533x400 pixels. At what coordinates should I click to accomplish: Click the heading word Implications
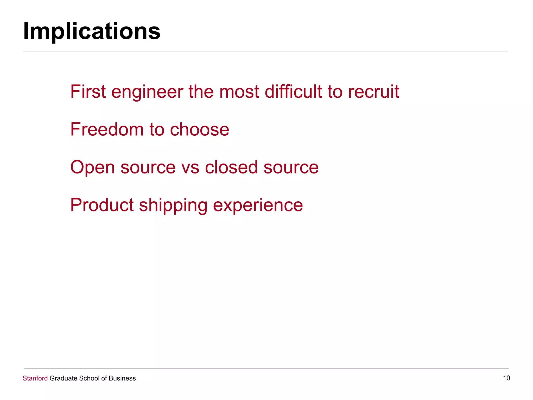pyautogui.click(x=92, y=31)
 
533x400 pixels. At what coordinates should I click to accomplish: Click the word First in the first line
pyautogui.click(x=88, y=92)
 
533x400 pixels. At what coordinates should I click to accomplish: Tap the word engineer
pyautogui.click(x=147, y=92)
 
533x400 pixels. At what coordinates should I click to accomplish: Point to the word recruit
pyautogui.click(x=373, y=92)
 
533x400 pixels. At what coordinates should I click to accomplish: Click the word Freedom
pyautogui.click(x=107, y=129)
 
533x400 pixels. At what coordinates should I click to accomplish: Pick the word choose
pyautogui.click(x=199, y=129)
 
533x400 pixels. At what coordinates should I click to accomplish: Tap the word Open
pyautogui.click(x=92, y=167)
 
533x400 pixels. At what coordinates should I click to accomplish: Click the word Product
pyautogui.click(x=102, y=205)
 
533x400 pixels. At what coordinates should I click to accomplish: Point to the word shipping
pyautogui.click(x=173, y=205)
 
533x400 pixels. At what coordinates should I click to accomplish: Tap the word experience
pyautogui.click(x=258, y=205)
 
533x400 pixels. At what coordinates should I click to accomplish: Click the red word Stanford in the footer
pyautogui.click(x=35, y=378)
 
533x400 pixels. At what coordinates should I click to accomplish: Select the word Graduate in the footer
pyautogui.click(x=63, y=378)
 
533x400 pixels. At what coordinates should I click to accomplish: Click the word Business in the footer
pyautogui.click(x=122, y=378)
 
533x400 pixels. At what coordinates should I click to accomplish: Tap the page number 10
pyautogui.click(x=506, y=378)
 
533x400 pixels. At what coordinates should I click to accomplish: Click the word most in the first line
pyautogui.click(x=239, y=92)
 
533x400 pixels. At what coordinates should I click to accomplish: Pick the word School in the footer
pyautogui.click(x=89, y=378)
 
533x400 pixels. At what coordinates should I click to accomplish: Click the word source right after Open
pyautogui.click(x=148, y=167)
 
